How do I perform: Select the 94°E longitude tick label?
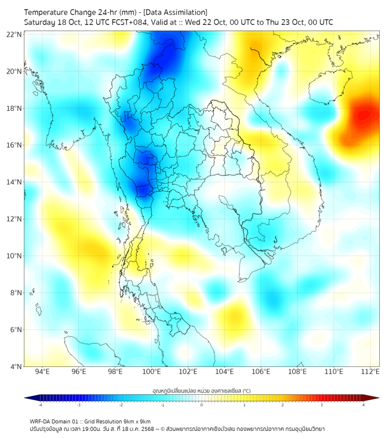[x=42, y=372]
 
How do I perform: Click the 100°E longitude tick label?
[x=152, y=372]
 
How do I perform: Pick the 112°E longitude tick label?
[x=371, y=372]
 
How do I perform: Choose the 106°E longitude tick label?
[x=261, y=372]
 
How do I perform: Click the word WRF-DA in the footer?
[x=41, y=421]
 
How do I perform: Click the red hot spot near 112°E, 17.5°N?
[x=364, y=116]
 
